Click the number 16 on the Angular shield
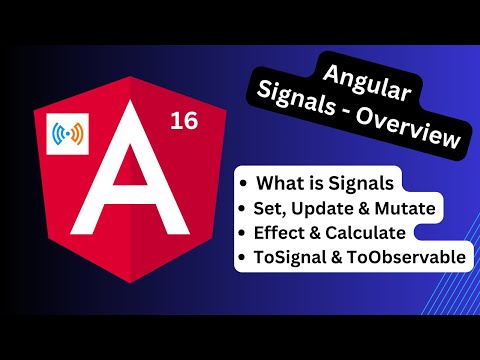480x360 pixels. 183,122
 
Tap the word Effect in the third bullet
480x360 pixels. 283,232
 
